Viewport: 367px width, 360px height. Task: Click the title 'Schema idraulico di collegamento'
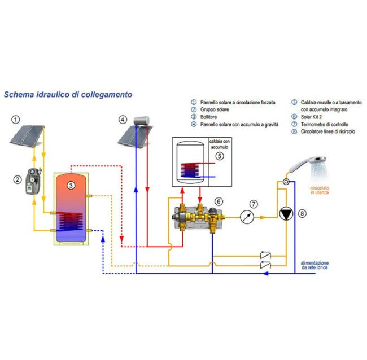click(x=68, y=95)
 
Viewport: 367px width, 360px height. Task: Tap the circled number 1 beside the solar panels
click(x=16, y=120)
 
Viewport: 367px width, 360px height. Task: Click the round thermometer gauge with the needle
click(x=245, y=216)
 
